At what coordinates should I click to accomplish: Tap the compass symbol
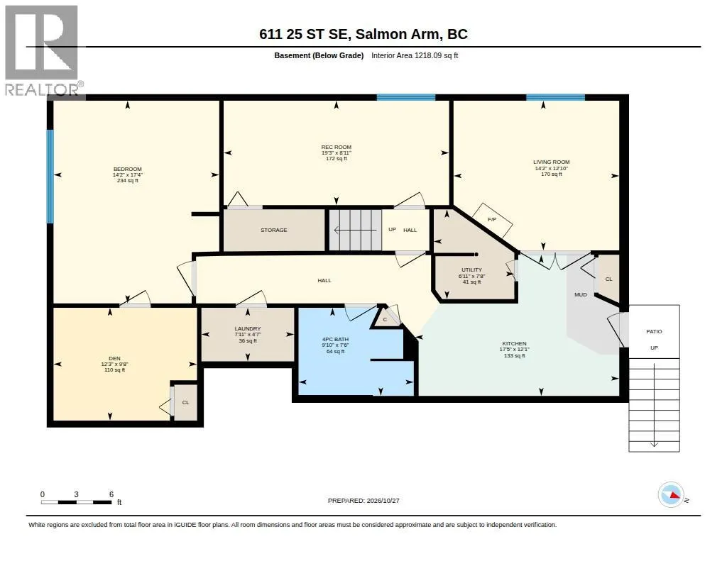[x=672, y=495]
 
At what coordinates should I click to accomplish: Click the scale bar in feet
[x=77, y=502]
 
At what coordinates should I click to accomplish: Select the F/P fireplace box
[x=493, y=221]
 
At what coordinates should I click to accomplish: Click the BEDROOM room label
[x=128, y=174]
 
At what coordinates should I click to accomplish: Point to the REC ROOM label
[x=337, y=152]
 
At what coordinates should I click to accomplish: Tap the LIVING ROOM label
[x=551, y=167]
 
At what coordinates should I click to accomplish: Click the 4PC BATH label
[x=335, y=345]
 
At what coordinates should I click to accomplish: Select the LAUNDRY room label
[x=248, y=335]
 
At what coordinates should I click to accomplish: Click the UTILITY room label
[x=471, y=276]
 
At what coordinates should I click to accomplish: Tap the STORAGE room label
[x=274, y=230]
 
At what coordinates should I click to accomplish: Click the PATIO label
[x=654, y=331]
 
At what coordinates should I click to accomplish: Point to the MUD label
[x=581, y=294]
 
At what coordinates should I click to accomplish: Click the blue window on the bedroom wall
[x=50, y=176]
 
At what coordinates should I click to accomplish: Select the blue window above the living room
[x=555, y=97]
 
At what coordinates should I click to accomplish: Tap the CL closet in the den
[x=185, y=402]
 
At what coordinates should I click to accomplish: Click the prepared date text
[x=363, y=500]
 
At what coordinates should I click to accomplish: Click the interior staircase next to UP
[x=356, y=230]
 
